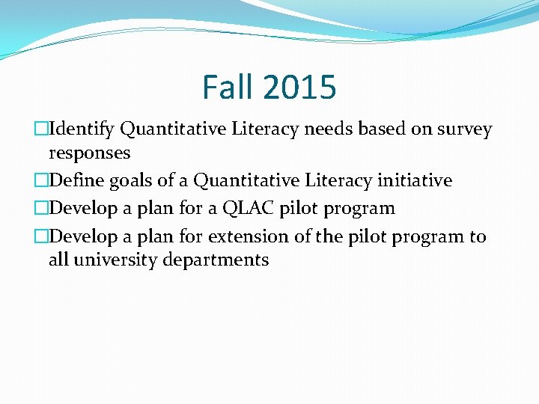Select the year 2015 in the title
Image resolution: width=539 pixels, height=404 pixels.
click(299, 87)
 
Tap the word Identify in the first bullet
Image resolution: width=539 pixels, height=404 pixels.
click(81, 129)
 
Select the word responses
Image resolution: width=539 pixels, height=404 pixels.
click(89, 153)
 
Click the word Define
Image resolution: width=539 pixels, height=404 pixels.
click(75, 181)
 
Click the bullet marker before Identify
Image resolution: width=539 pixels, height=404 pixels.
click(42, 129)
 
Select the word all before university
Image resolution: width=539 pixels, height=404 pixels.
click(58, 260)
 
